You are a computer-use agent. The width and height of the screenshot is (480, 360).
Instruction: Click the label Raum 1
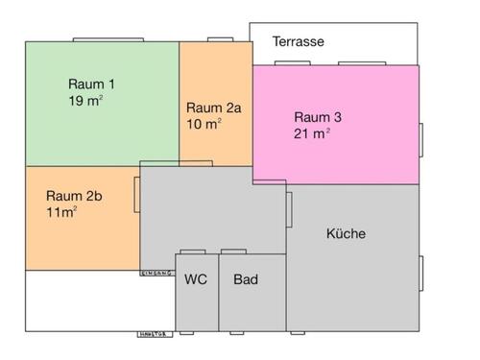point(90,83)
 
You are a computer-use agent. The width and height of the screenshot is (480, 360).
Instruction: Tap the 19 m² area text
point(86,100)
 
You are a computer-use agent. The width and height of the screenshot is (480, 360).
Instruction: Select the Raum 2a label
point(213,108)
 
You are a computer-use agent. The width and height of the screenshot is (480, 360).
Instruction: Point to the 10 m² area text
point(204,124)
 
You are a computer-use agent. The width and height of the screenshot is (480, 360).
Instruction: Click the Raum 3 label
point(318,117)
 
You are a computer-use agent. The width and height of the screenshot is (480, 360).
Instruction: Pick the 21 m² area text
point(312,133)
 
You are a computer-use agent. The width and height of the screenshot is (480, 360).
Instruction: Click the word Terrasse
point(298,42)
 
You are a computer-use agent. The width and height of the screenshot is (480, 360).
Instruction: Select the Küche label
point(346,233)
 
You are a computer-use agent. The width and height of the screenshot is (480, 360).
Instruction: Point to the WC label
point(196,280)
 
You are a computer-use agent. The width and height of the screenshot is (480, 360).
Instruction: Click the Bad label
point(246,280)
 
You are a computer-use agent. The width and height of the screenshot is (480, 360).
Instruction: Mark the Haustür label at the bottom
point(154,334)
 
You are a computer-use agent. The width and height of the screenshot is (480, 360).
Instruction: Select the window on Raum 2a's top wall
point(222,39)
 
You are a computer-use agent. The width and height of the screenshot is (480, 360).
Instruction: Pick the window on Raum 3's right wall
point(420,139)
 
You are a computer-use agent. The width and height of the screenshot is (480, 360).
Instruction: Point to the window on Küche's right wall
point(420,268)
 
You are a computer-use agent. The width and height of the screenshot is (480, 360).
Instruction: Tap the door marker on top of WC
point(187,252)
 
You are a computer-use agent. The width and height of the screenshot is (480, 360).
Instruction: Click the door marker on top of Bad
point(233,252)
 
